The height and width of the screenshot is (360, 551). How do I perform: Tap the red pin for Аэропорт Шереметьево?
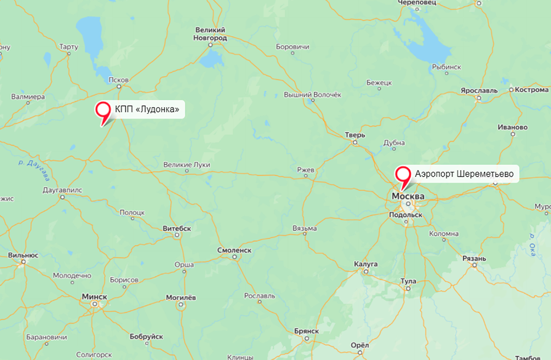(403, 175)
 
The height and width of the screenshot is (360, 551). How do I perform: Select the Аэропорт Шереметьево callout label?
(464, 174)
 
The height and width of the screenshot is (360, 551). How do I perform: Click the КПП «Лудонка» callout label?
(147, 110)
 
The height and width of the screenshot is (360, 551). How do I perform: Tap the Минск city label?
(94, 297)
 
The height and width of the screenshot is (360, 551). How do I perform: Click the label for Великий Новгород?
(211, 34)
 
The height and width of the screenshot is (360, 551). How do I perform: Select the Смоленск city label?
(235, 250)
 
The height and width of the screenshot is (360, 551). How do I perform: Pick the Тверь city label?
(355, 135)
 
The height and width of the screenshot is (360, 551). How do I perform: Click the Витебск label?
(177, 228)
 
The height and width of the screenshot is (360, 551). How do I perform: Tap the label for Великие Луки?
(187, 165)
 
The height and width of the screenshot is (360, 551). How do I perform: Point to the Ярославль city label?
(478, 90)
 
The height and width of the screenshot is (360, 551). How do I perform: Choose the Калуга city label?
(366, 263)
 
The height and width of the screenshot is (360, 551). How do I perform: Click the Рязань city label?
(475, 258)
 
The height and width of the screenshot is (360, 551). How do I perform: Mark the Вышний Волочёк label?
(312, 95)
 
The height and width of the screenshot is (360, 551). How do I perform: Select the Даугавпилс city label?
(62, 190)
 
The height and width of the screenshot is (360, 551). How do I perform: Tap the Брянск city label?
(306, 330)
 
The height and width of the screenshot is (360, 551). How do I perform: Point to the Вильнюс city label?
(23, 255)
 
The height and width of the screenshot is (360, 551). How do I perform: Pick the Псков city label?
(118, 80)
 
